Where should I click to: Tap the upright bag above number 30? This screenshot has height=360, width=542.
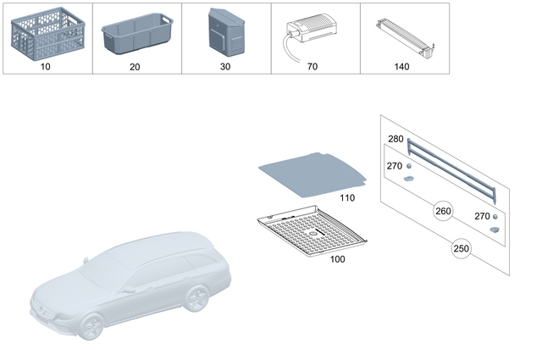[x=225, y=32]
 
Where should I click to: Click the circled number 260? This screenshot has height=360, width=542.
[x=443, y=211]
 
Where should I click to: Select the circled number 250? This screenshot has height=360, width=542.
[x=460, y=250]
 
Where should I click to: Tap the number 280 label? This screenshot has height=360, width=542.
[x=395, y=139]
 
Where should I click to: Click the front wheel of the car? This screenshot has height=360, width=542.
[x=94, y=325]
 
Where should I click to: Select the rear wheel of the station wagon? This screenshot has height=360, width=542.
[x=197, y=298]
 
